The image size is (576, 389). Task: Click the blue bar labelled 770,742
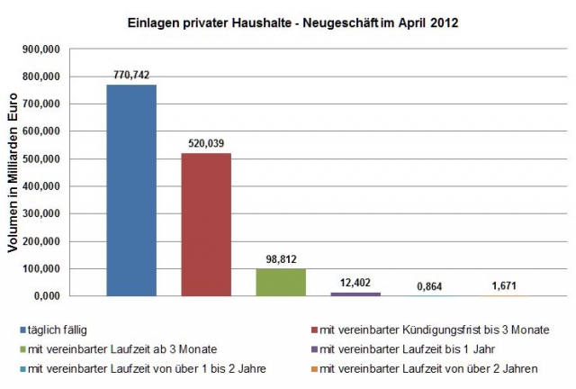tap(131, 190)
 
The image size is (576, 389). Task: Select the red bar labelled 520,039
tap(206, 224)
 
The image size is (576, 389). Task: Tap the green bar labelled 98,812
tap(281, 282)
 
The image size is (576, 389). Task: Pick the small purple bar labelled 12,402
tap(355, 294)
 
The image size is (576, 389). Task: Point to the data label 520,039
tap(206, 143)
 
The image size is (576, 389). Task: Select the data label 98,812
tap(281, 259)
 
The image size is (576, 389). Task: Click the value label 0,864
tap(430, 285)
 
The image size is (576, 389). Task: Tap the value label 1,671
tap(504, 285)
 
